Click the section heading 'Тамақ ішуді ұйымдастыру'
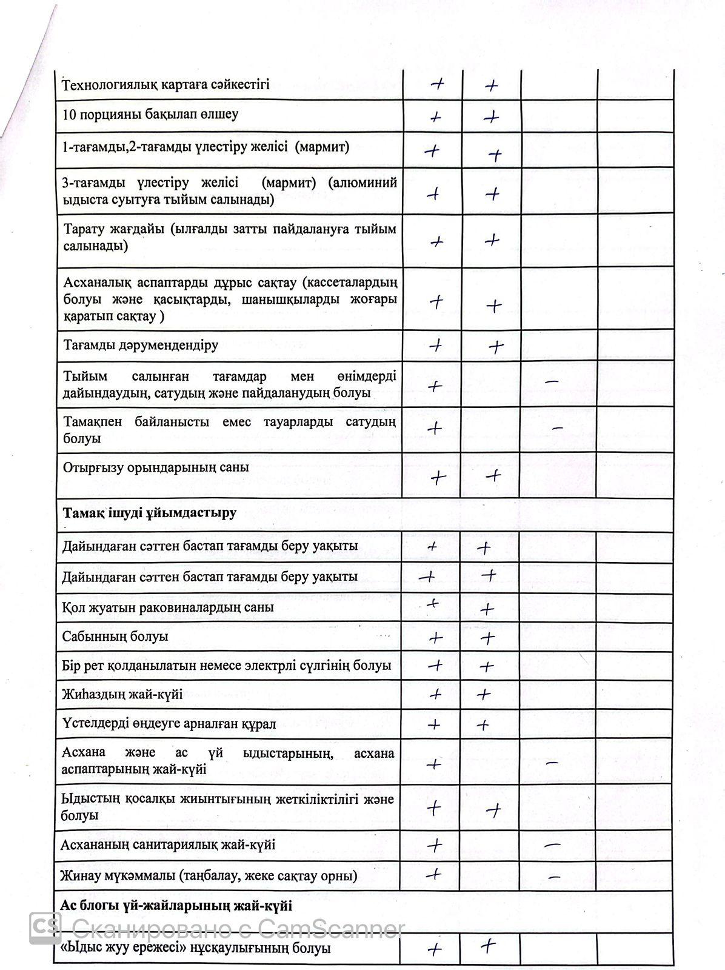click(149, 513)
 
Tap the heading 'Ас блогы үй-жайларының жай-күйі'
click(176, 906)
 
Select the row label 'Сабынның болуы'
click(115, 637)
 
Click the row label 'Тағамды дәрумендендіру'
click(141, 346)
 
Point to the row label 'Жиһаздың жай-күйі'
click(122, 694)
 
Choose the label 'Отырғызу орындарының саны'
click(156, 467)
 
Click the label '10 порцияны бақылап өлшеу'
click(150, 115)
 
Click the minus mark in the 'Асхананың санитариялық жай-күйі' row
click(552, 845)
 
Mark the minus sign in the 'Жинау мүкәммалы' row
click(553, 876)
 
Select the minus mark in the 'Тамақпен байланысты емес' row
click(558, 429)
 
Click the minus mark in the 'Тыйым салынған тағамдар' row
click(551, 382)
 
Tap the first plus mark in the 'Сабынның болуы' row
click(435, 637)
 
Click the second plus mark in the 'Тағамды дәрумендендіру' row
click(496, 347)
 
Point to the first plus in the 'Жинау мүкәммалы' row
click(434, 874)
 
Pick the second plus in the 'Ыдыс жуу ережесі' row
click(489, 946)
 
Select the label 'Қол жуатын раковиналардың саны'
click(167, 607)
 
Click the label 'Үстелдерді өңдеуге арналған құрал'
click(169, 724)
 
